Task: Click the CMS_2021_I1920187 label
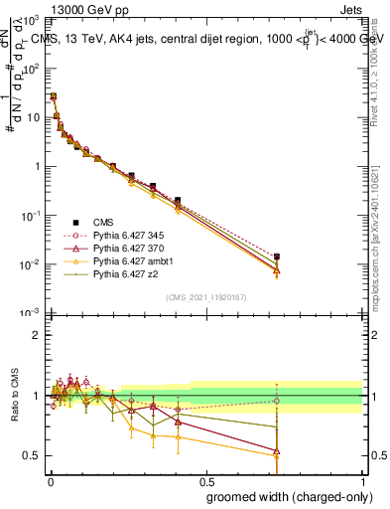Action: (x=205, y=297)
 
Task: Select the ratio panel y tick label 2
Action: (x=37, y=335)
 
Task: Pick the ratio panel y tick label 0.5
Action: (x=33, y=455)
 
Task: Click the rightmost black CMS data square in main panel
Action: (x=277, y=256)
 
